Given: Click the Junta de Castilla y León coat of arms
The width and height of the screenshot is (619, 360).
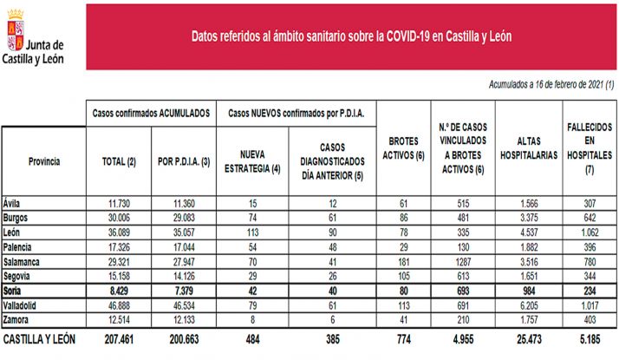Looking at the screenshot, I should tap(15, 29).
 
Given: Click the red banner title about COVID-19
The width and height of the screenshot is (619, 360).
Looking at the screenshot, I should tap(350, 37).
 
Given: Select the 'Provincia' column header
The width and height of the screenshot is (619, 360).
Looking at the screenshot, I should tap(43, 161).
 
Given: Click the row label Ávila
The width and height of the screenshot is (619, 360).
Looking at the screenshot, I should tap(14, 202).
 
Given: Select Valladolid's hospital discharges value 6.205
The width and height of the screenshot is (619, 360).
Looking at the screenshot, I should tap(528, 304).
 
